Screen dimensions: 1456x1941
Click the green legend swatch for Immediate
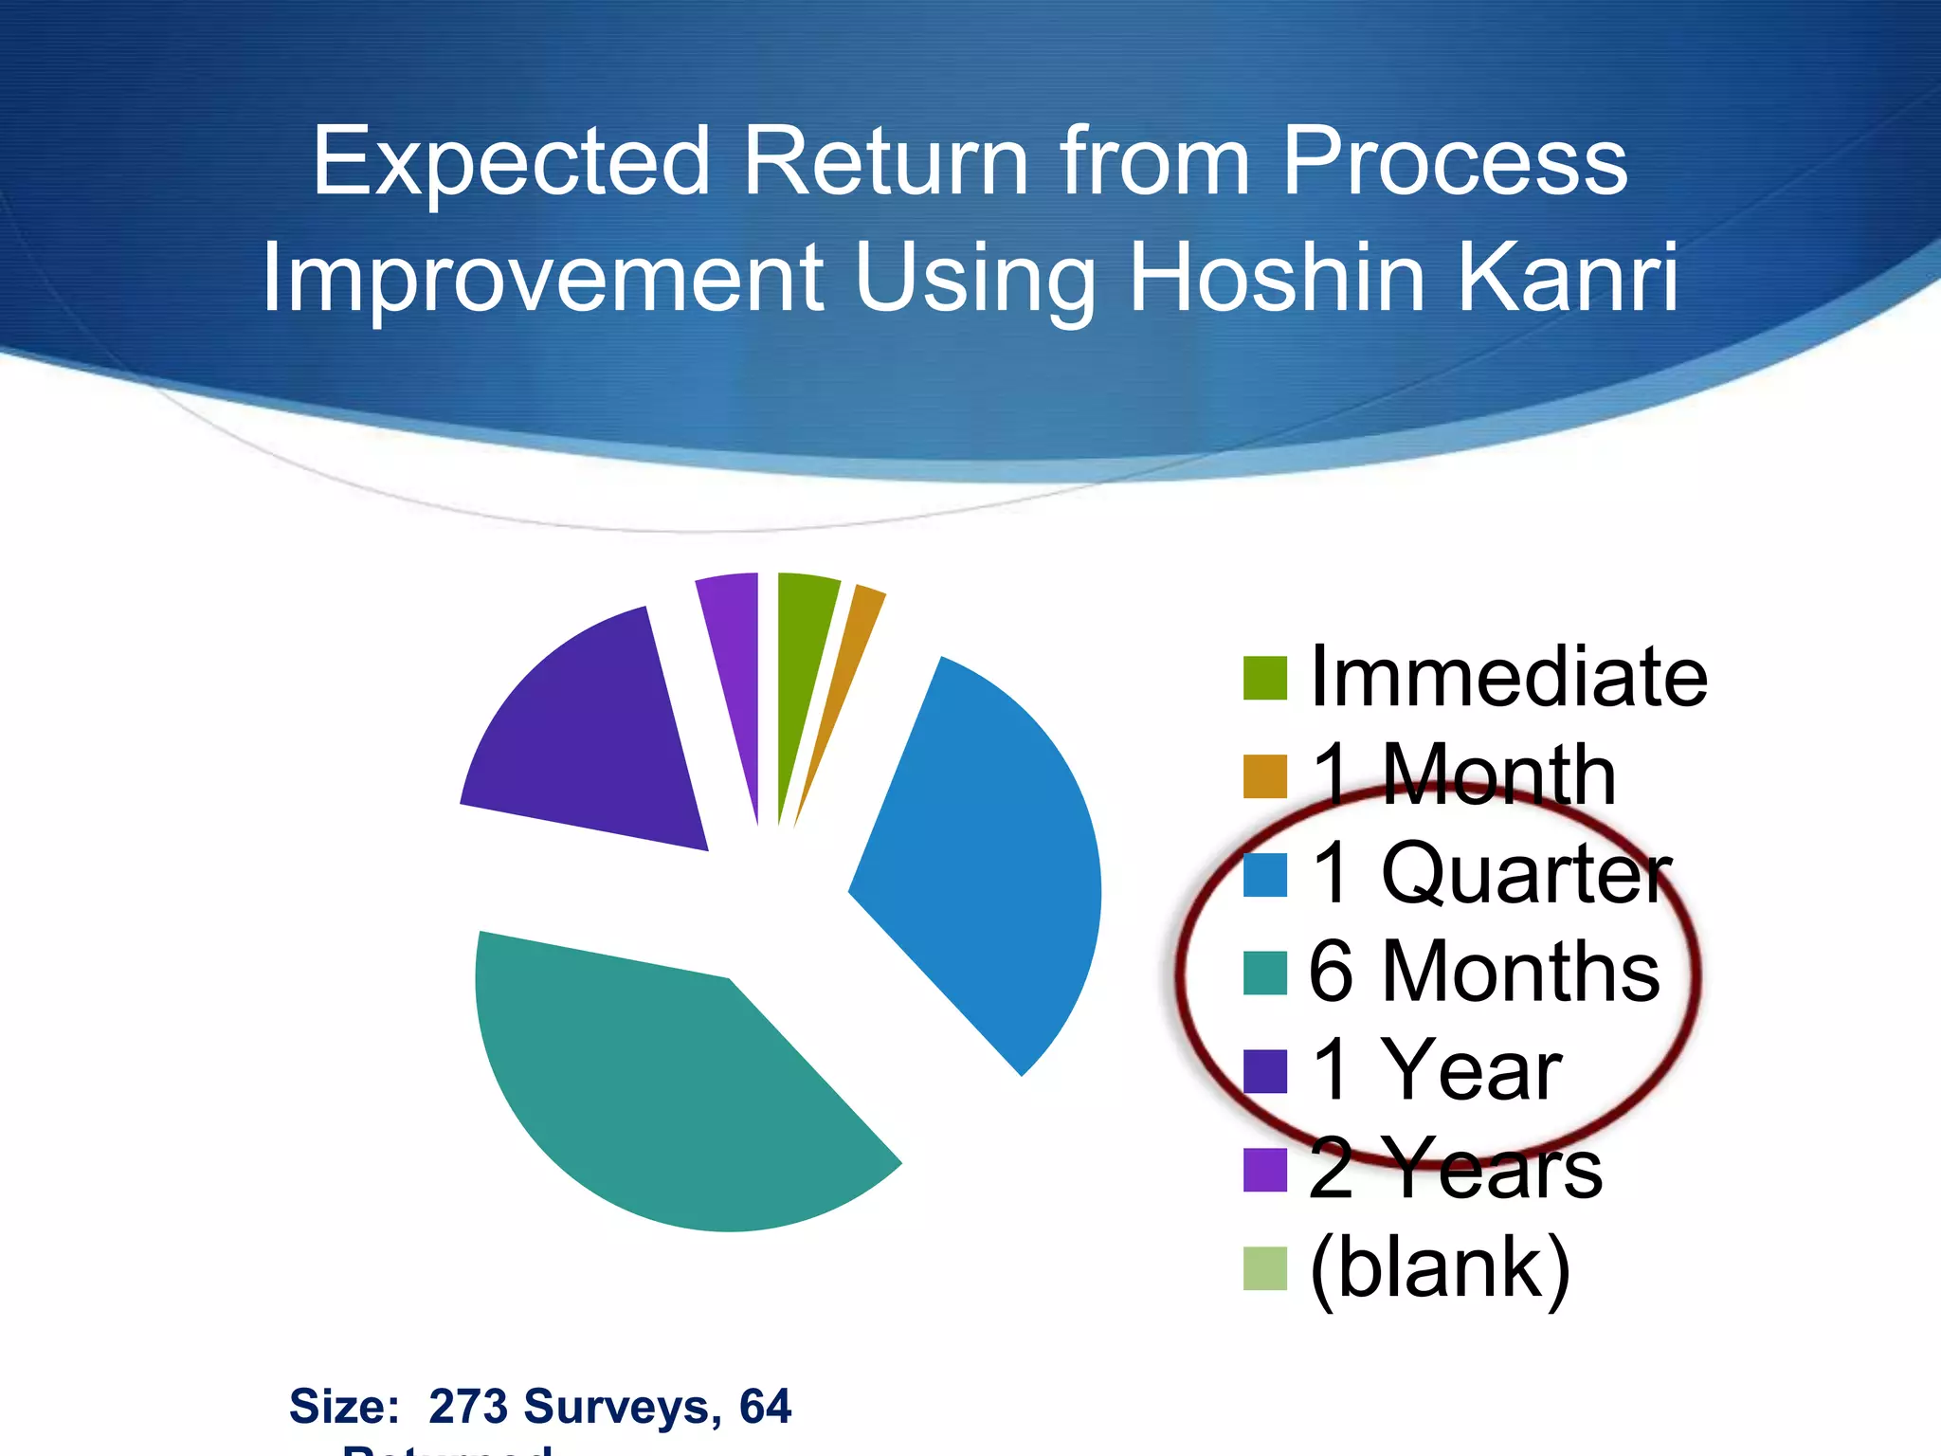[x=1264, y=678]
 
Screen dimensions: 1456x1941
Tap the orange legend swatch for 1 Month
[x=1264, y=776]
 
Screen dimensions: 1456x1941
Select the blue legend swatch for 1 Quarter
[x=1264, y=875]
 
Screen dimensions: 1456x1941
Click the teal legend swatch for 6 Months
[x=1264, y=974]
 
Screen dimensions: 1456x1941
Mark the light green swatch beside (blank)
[x=1264, y=1268]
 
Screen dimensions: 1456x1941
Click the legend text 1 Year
[x=1436, y=1071]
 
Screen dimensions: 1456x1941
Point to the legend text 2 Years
[x=1455, y=1170]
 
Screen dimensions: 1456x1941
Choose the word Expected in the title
[x=512, y=163]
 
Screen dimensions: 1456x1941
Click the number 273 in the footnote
[x=468, y=1406]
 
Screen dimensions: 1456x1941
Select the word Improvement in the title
[x=543, y=278]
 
